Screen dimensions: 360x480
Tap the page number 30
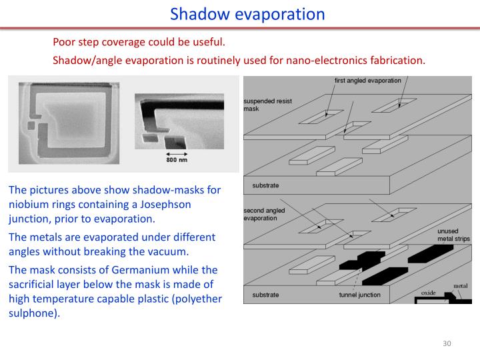point(447,343)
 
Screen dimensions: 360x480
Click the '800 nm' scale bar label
point(177,159)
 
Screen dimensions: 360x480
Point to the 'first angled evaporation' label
point(368,81)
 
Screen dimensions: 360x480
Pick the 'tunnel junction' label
point(360,294)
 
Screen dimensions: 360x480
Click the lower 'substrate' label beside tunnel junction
point(266,294)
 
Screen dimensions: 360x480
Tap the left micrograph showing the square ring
point(69,122)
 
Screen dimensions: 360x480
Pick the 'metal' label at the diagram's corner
point(460,286)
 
